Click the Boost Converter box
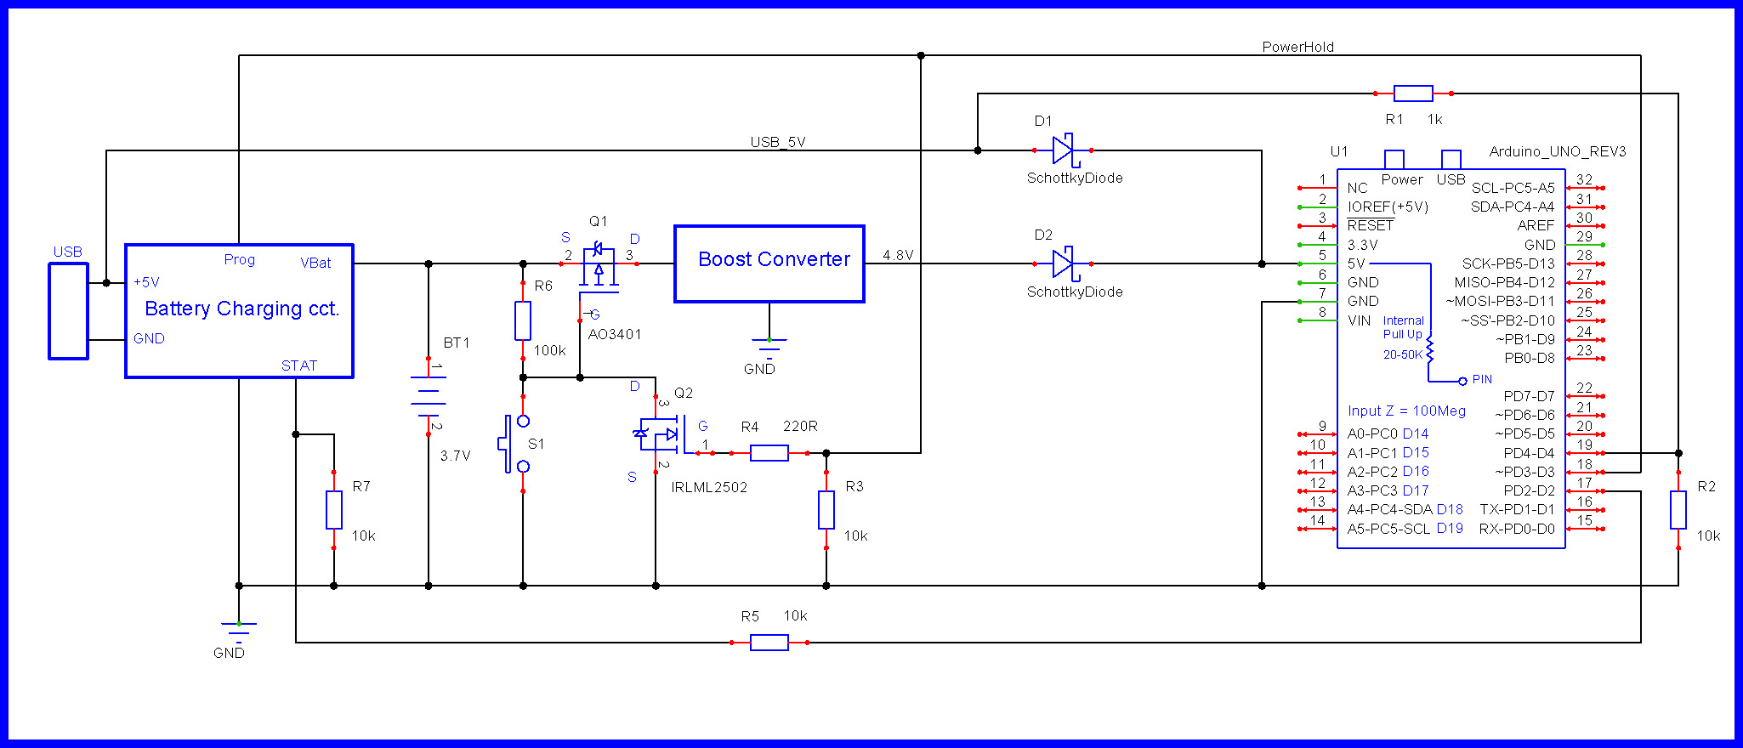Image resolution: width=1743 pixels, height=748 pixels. pyautogui.click(x=769, y=263)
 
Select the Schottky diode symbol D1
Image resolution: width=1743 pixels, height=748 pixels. pyautogui.click(x=1063, y=150)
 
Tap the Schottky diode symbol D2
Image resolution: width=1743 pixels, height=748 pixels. pyautogui.click(x=1063, y=263)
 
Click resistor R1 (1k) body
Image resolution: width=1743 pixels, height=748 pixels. pyautogui.click(x=1413, y=93)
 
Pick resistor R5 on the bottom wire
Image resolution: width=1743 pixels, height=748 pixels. pyautogui.click(x=769, y=643)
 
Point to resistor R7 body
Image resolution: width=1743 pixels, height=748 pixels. pyautogui.click(x=334, y=510)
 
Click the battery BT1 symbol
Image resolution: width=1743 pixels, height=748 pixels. pyautogui.click(x=429, y=396)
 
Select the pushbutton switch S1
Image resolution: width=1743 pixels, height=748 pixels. pyautogui.click(x=515, y=444)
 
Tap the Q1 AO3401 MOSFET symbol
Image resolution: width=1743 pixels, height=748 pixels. pyautogui.click(x=599, y=265)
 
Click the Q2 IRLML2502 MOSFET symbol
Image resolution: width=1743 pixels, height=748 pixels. pyautogui.click(x=660, y=433)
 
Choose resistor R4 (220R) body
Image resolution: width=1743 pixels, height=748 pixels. pyautogui.click(x=769, y=453)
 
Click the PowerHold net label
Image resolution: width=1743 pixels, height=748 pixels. pyautogui.click(x=1297, y=47)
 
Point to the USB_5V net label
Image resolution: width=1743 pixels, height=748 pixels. pyautogui.click(x=777, y=142)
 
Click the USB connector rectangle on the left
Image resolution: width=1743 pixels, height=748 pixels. pyautogui.click(x=68, y=311)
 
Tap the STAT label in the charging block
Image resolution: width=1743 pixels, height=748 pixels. pyautogui.click(x=298, y=365)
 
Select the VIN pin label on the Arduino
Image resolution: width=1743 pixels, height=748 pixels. pyautogui.click(x=1359, y=320)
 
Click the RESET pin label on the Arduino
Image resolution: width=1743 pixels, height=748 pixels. pyautogui.click(x=1370, y=225)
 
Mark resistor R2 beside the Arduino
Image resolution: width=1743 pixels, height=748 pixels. pyautogui.click(x=1678, y=510)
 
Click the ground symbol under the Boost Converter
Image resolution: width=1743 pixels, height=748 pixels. pyautogui.click(x=769, y=343)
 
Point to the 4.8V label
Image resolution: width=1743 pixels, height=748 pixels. pyautogui.click(x=897, y=255)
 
